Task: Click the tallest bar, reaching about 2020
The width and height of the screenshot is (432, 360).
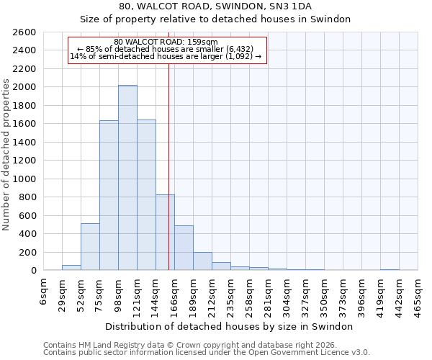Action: (x=127, y=178)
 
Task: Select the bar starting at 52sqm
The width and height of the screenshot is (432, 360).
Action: (x=90, y=247)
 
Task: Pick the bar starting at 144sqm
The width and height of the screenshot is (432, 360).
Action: (x=165, y=233)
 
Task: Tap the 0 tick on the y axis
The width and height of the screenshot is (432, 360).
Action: (x=33, y=271)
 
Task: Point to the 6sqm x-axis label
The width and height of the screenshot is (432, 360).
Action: (x=43, y=289)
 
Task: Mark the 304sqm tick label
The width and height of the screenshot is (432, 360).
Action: (x=287, y=292)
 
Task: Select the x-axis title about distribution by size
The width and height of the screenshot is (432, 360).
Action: (x=229, y=326)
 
